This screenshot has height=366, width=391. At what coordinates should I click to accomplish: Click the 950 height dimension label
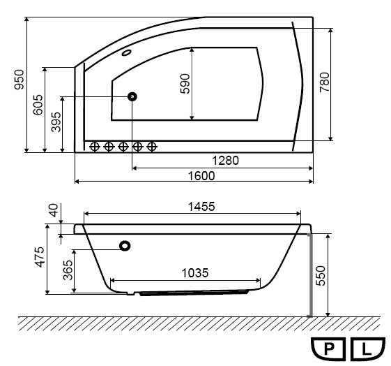[20, 80]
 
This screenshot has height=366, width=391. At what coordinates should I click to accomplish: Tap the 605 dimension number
[38, 105]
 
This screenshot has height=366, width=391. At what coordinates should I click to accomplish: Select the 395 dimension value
[56, 122]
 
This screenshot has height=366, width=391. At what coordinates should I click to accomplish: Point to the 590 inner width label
[185, 83]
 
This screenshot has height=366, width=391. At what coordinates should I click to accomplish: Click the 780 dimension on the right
[324, 82]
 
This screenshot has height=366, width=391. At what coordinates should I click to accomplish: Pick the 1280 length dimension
[225, 161]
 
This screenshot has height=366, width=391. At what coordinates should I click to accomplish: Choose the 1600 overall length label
[201, 176]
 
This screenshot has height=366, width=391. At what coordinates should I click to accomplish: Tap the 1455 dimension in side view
[201, 207]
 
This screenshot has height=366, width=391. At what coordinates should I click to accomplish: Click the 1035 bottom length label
[194, 273]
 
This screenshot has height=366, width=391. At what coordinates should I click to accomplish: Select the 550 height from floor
[321, 276]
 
